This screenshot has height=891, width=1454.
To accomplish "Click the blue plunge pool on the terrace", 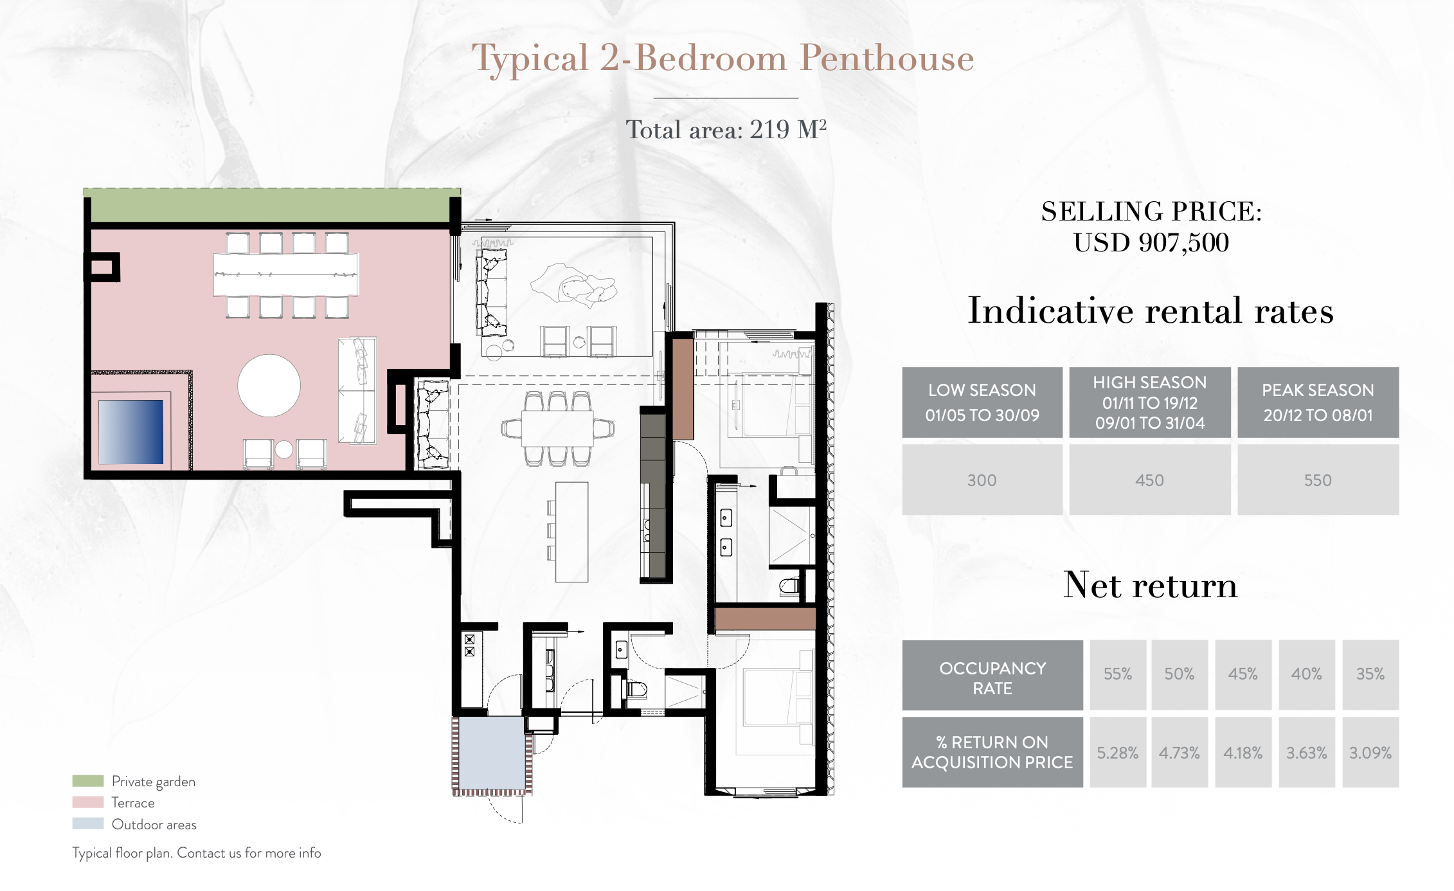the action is [130, 432].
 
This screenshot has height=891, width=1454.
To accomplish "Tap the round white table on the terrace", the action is [269, 386].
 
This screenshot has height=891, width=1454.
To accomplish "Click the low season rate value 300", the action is [982, 480].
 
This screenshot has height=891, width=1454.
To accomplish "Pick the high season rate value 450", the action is [1149, 480].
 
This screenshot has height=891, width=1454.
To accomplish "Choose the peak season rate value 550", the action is [1318, 480].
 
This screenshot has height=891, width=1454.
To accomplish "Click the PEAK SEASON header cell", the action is [1318, 402].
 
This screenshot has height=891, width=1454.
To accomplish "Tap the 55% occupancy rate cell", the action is [1118, 674].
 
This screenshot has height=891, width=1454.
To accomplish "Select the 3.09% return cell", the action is [1370, 753].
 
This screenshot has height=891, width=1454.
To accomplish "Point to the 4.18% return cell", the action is [1243, 753].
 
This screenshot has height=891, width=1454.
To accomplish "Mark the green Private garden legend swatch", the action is [88, 781].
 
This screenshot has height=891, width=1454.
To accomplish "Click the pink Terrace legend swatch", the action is [88, 802].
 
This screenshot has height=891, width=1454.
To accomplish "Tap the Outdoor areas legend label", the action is [154, 825].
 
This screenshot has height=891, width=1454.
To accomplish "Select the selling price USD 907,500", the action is [1151, 242].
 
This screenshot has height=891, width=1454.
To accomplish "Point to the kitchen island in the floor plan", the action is [572, 532].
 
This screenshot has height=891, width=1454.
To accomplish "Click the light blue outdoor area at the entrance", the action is [492, 753].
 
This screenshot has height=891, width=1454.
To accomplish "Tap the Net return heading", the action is [1151, 585].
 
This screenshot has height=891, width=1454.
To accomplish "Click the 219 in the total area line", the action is [769, 130].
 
